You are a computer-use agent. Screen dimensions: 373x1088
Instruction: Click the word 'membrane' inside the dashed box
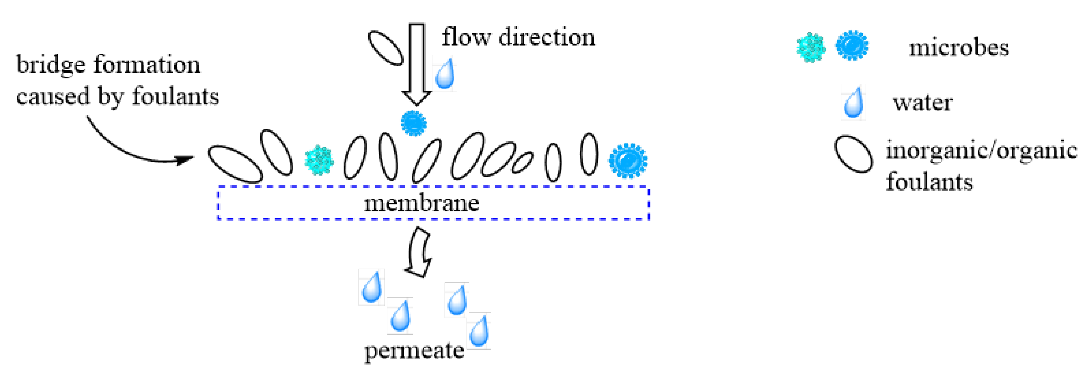(x=422, y=203)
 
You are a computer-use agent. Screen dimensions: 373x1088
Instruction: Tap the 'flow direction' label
(x=518, y=37)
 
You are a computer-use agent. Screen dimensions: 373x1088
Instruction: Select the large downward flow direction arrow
(x=417, y=63)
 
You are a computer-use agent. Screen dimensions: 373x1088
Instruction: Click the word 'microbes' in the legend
(x=959, y=47)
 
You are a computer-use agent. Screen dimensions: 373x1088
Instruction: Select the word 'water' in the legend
(x=923, y=103)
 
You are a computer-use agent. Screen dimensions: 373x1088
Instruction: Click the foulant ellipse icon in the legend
(x=853, y=154)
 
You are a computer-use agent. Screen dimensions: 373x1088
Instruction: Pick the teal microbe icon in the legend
(x=811, y=47)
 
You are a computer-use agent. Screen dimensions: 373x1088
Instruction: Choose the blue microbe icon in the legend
(x=852, y=46)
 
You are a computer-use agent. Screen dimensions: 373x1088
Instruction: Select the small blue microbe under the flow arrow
(x=413, y=124)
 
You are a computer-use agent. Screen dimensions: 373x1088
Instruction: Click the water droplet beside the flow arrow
(x=445, y=74)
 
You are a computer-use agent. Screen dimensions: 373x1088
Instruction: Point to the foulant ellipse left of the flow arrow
(x=386, y=48)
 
